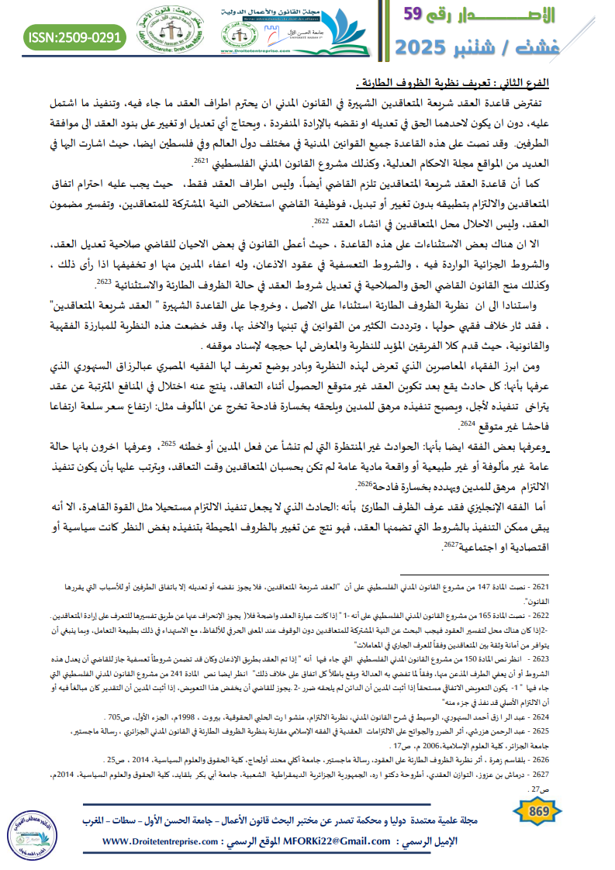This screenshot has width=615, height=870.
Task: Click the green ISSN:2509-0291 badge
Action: click(x=74, y=36)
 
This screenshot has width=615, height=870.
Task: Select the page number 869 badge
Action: click(x=538, y=811)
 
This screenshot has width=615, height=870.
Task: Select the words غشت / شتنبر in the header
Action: click(x=534, y=47)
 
